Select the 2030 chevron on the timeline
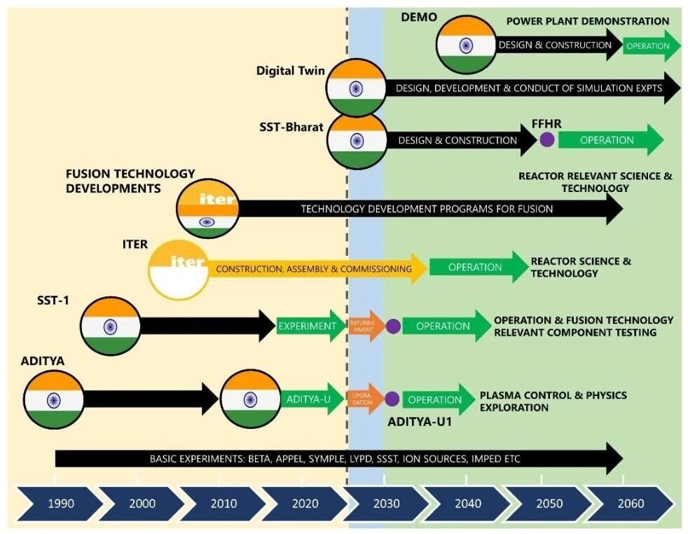[x=387, y=503]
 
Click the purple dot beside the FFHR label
[x=547, y=139]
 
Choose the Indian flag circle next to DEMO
[x=466, y=45]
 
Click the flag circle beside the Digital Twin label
[x=356, y=88]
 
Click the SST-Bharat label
[x=291, y=128]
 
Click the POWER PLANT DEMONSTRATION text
[x=587, y=21]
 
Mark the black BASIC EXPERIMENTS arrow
[x=336, y=459]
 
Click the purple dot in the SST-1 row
[x=393, y=326]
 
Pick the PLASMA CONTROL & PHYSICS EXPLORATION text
[x=552, y=401]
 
